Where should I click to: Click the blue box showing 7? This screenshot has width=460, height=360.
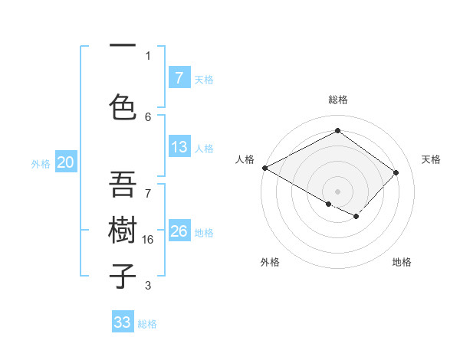[x=179, y=77]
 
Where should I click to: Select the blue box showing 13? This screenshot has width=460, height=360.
[x=179, y=147]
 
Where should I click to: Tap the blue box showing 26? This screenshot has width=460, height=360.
[x=179, y=231]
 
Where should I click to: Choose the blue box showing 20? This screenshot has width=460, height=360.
[x=66, y=162]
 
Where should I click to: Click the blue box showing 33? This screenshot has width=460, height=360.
[x=122, y=322]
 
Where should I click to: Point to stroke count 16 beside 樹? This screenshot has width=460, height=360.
[x=149, y=239]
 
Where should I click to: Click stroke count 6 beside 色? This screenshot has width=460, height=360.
[x=148, y=116]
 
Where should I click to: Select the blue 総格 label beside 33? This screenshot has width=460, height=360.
[x=147, y=324]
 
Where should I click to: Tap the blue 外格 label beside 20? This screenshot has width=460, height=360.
[x=41, y=163]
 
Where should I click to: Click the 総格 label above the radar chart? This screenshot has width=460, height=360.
[x=337, y=100]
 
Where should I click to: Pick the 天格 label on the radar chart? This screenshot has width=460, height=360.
[x=431, y=159]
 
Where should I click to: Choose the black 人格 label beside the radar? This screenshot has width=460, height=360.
[x=245, y=159]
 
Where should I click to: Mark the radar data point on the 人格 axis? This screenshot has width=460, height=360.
[x=264, y=168]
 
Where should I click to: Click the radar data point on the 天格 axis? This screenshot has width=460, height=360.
[x=396, y=172]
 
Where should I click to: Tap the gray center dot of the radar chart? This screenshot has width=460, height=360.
[x=337, y=191]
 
